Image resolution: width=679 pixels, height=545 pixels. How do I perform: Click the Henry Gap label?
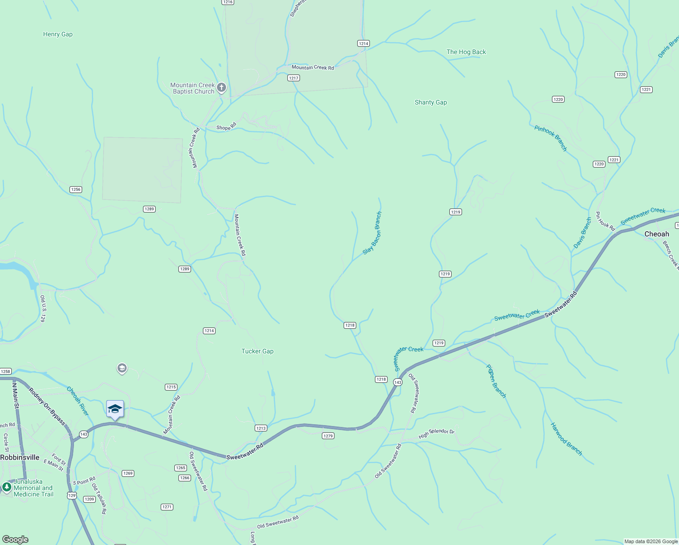[x=58, y=34]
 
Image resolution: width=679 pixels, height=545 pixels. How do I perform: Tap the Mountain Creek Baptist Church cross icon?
[x=221, y=87]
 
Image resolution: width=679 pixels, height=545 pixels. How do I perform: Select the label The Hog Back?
[x=466, y=52]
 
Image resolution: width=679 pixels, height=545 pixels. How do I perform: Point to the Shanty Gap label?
[x=431, y=103]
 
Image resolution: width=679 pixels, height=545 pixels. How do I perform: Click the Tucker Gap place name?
[x=257, y=351]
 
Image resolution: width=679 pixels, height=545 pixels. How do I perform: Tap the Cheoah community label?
[x=657, y=234]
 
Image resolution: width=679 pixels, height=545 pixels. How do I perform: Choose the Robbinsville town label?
[x=20, y=457]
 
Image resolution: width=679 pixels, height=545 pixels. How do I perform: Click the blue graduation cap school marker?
[x=115, y=409]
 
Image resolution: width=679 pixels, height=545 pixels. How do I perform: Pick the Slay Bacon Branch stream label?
[x=373, y=233]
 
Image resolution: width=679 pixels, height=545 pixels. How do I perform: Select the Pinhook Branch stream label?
[x=551, y=138]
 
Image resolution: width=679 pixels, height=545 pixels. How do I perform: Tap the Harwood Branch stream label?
[x=566, y=439]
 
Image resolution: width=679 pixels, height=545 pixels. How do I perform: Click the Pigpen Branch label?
[x=496, y=381]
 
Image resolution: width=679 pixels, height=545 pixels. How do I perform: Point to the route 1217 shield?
[x=294, y=78]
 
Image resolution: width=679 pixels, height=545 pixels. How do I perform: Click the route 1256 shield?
[x=76, y=189]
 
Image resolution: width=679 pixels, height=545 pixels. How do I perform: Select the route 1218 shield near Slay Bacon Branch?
[x=350, y=325]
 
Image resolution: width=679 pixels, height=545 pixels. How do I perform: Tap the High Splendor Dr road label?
[x=436, y=433]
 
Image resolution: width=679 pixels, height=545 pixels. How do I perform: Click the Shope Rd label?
[x=226, y=127]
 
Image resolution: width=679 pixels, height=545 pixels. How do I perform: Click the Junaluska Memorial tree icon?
[x=6, y=487]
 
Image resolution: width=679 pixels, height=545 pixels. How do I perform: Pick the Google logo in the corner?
[x=15, y=540]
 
